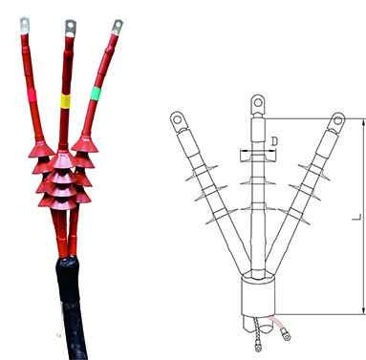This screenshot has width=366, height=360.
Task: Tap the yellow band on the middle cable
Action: (66, 99)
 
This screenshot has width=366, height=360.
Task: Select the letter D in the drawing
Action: (274, 141)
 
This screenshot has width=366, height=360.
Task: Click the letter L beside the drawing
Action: (355, 218)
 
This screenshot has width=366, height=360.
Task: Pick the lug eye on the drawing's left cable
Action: (178, 118)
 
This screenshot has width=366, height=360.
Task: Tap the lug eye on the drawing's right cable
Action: (336, 118)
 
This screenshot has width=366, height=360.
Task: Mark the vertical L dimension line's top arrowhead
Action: (364, 121)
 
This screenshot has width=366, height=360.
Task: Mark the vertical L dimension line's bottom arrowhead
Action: (364, 311)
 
